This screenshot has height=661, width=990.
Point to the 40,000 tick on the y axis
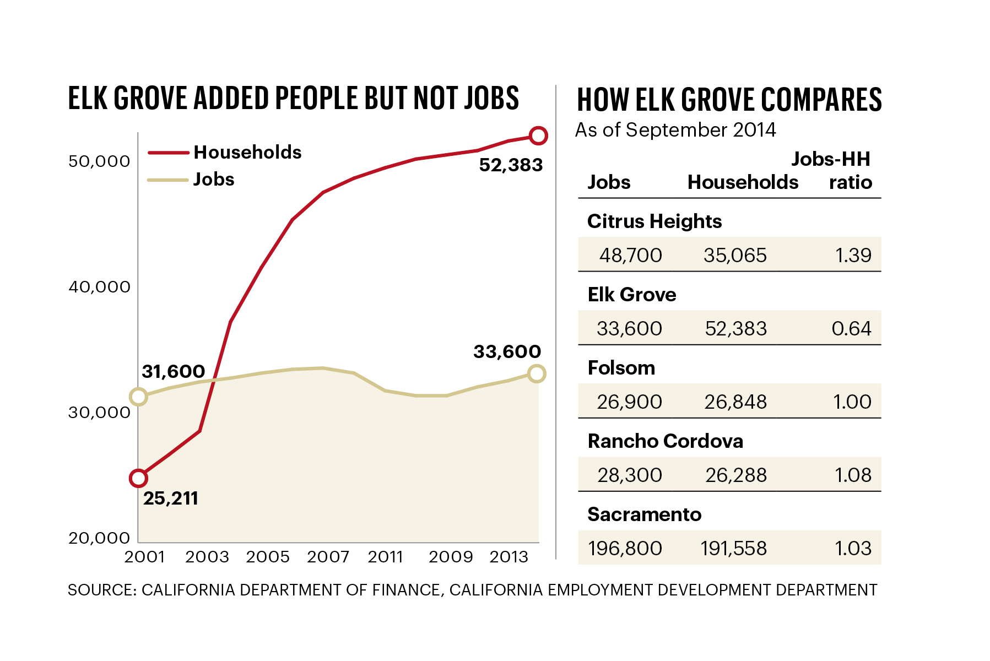coord(100,287)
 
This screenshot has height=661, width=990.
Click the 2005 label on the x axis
coord(268,557)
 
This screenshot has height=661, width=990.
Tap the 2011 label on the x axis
coord(386,557)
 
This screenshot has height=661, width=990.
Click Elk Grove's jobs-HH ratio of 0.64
coord(851,329)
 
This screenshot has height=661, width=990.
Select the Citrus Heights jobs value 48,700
coord(630,256)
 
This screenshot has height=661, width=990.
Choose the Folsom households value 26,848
coord(735,402)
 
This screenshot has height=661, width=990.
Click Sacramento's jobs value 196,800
coord(625,549)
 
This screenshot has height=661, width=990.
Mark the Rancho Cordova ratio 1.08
coord(853,475)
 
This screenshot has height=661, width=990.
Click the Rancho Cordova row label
coord(665,441)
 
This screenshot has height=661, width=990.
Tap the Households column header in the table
coord(743,182)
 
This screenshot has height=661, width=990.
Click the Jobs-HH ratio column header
coord(832,171)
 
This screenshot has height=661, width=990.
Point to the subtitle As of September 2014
coord(675,130)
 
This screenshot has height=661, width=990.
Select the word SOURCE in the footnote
coord(101,590)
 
